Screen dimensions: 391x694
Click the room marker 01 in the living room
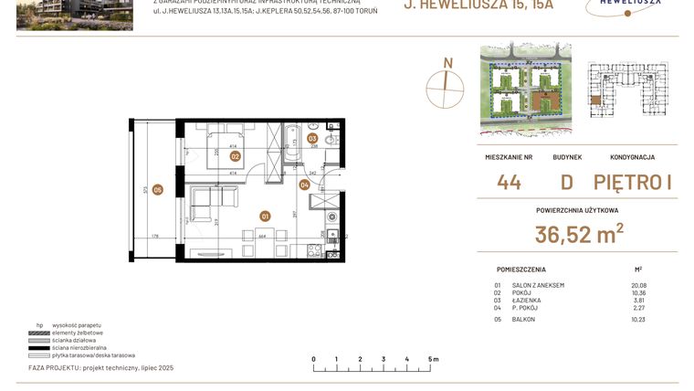tap(265, 217)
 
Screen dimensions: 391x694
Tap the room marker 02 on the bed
tap(235, 156)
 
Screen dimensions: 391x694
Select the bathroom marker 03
tap(312, 140)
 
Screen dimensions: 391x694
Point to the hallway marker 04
tap(304, 185)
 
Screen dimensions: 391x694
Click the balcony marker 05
tap(157, 190)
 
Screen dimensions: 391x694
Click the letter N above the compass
tap(447, 63)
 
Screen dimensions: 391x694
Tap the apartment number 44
tap(509, 182)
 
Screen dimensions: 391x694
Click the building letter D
tap(566, 182)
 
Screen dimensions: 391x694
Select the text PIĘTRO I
tap(633, 182)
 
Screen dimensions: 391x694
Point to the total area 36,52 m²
tap(579, 235)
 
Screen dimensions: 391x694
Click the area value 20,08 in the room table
tap(638, 285)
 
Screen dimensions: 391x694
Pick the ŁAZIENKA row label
tap(529, 300)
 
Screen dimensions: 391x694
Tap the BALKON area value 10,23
tap(638, 319)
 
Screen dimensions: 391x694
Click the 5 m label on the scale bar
tap(433, 359)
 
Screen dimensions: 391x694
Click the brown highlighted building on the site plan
tap(548, 101)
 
